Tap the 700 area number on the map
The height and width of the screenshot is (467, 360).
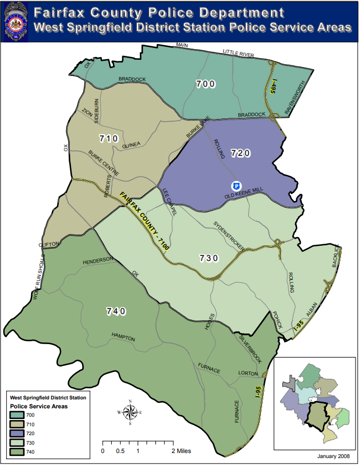pyautogui.click(x=206, y=84)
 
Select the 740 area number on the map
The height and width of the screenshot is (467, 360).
pyautogui.click(x=116, y=311)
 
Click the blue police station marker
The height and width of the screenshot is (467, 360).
pyautogui.click(x=236, y=185)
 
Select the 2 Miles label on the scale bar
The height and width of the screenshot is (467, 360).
pyautogui.click(x=181, y=450)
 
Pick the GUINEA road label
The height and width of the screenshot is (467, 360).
pyautogui.click(x=130, y=145)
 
